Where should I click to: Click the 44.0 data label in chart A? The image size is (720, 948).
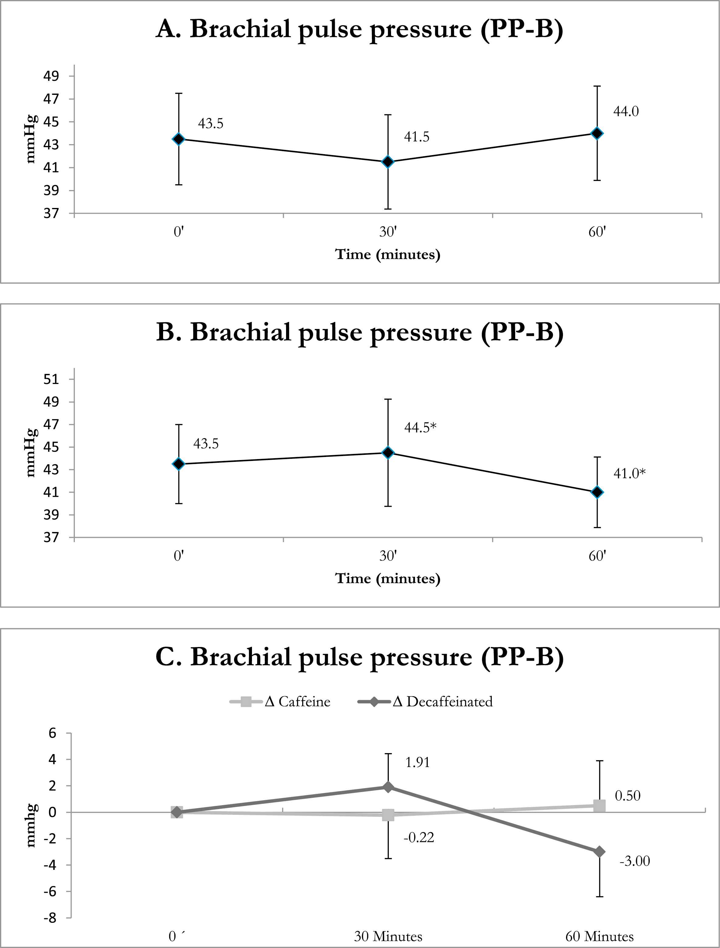(626, 111)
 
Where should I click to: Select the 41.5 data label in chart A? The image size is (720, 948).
(416, 137)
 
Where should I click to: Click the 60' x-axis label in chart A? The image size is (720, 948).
(597, 232)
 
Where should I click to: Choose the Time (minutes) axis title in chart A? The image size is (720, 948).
(388, 254)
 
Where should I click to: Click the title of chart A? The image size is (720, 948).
(359, 29)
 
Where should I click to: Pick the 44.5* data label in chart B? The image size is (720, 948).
(420, 427)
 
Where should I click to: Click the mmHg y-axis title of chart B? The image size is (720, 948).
(30, 453)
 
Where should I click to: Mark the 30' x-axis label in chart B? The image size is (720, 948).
(388, 556)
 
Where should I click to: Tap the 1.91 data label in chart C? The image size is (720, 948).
(417, 763)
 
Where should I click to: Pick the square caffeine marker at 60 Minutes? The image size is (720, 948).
(599, 806)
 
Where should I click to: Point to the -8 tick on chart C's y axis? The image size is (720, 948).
(50, 918)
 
